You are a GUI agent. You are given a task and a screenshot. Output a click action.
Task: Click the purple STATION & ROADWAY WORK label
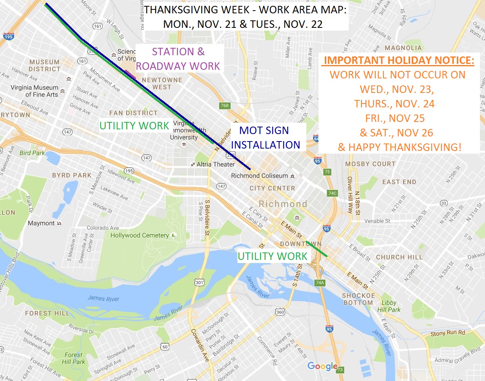pyautogui.click(x=178, y=59)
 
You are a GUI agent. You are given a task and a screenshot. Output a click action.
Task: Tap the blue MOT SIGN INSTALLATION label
pyautogui.click(x=265, y=138)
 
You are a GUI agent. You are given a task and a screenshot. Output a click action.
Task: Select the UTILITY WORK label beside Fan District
pyautogui.click(x=134, y=125)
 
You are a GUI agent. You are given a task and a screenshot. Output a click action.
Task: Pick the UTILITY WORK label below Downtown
pyautogui.click(x=272, y=256)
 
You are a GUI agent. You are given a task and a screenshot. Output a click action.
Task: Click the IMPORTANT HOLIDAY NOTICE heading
pyautogui.click(x=399, y=60)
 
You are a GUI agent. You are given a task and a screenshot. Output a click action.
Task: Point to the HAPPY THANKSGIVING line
pyautogui.click(x=400, y=147)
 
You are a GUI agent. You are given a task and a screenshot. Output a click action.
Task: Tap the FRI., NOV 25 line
pyautogui.click(x=395, y=118)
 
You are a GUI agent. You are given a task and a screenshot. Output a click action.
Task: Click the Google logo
pyautogui.click(x=322, y=366)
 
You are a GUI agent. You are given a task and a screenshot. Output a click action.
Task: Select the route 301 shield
pyautogui.click(x=199, y=282)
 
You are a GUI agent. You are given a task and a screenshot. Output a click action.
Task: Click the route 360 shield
pyautogui.click(x=280, y=312)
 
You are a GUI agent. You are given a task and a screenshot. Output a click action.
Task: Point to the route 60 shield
pyautogui.click(x=165, y=347)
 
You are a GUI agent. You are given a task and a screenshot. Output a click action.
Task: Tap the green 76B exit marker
pyautogui.click(x=224, y=105)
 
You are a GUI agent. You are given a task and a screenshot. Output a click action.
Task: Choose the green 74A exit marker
pyautogui.click(x=320, y=282)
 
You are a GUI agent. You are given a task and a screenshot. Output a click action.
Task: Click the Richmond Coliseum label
pyautogui.click(x=259, y=176)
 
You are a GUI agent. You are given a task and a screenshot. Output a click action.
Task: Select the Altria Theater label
pyautogui.click(x=215, y=164)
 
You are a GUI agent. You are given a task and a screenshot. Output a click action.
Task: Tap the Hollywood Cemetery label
pyautogui.click(x=139, y=235)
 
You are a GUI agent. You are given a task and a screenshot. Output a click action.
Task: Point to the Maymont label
pyautogui.click(x=41, y=223)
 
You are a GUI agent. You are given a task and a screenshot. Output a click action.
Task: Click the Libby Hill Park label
pyautogui.click(x=389, y=306)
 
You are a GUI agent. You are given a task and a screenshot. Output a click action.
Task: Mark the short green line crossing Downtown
pyautogui.click(x=317, y=249)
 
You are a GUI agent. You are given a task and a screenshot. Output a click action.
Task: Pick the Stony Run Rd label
pyautogui.click(x=447, y=333)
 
